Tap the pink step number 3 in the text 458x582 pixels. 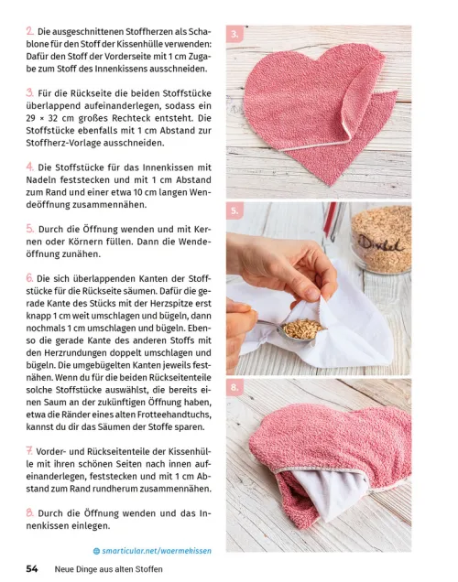(30, 92)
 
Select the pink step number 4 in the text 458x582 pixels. (30, 167)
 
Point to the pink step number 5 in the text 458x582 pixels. (30, 228)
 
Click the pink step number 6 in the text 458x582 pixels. (30, 277)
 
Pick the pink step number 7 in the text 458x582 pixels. (30, 452)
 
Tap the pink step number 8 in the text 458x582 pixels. (30, 513)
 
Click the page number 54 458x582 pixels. (31, 568)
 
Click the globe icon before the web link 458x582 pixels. (96, 551)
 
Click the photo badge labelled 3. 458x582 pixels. (235, 36)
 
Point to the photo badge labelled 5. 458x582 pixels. (235, 211)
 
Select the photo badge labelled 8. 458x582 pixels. (235, 388)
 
